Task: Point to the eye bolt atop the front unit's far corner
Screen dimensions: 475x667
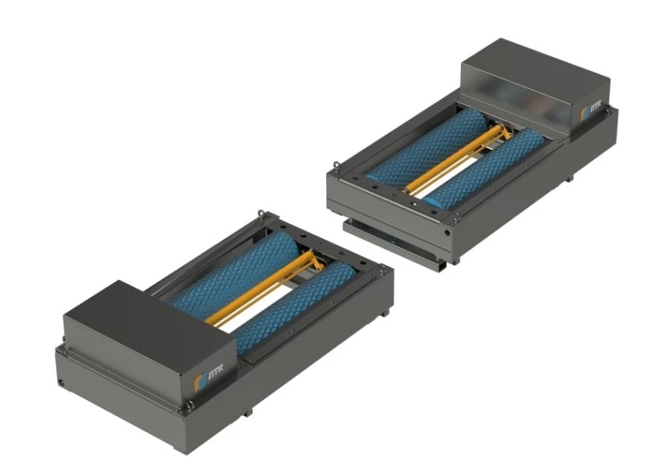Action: click(x=260, y=215)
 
